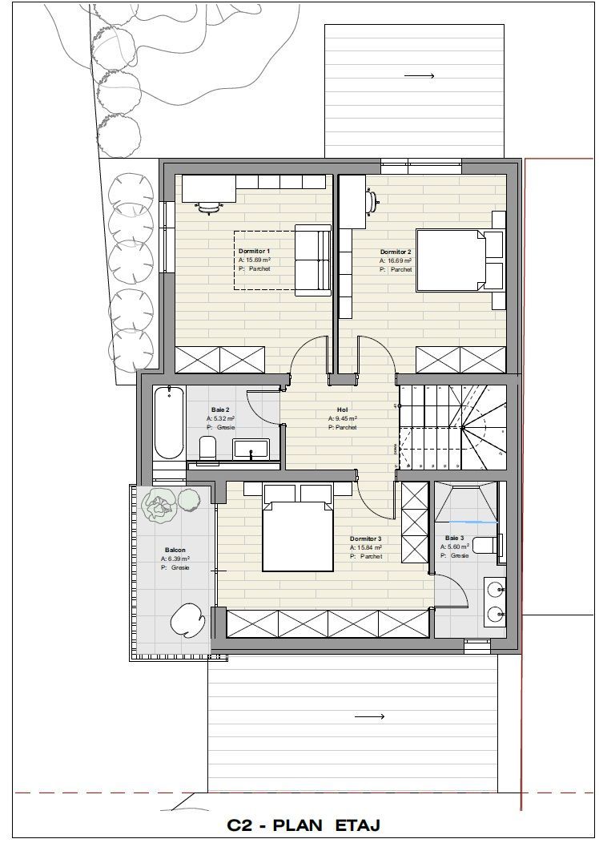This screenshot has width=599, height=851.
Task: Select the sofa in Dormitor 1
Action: click(x=312, y=260)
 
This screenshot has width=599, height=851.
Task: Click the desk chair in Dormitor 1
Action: click(x=209, y=208)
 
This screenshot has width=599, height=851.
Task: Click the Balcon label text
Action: click(x=175, y=550)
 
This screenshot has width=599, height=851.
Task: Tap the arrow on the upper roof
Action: click(x=419, y=76)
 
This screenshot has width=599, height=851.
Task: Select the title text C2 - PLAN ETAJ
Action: click(x=304, y=825)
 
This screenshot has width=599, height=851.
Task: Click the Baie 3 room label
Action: click(x=454, y=538)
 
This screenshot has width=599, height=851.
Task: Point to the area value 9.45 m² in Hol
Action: click(x=342, y=418)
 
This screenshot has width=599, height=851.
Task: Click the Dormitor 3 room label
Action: click(x=366, y=539)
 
